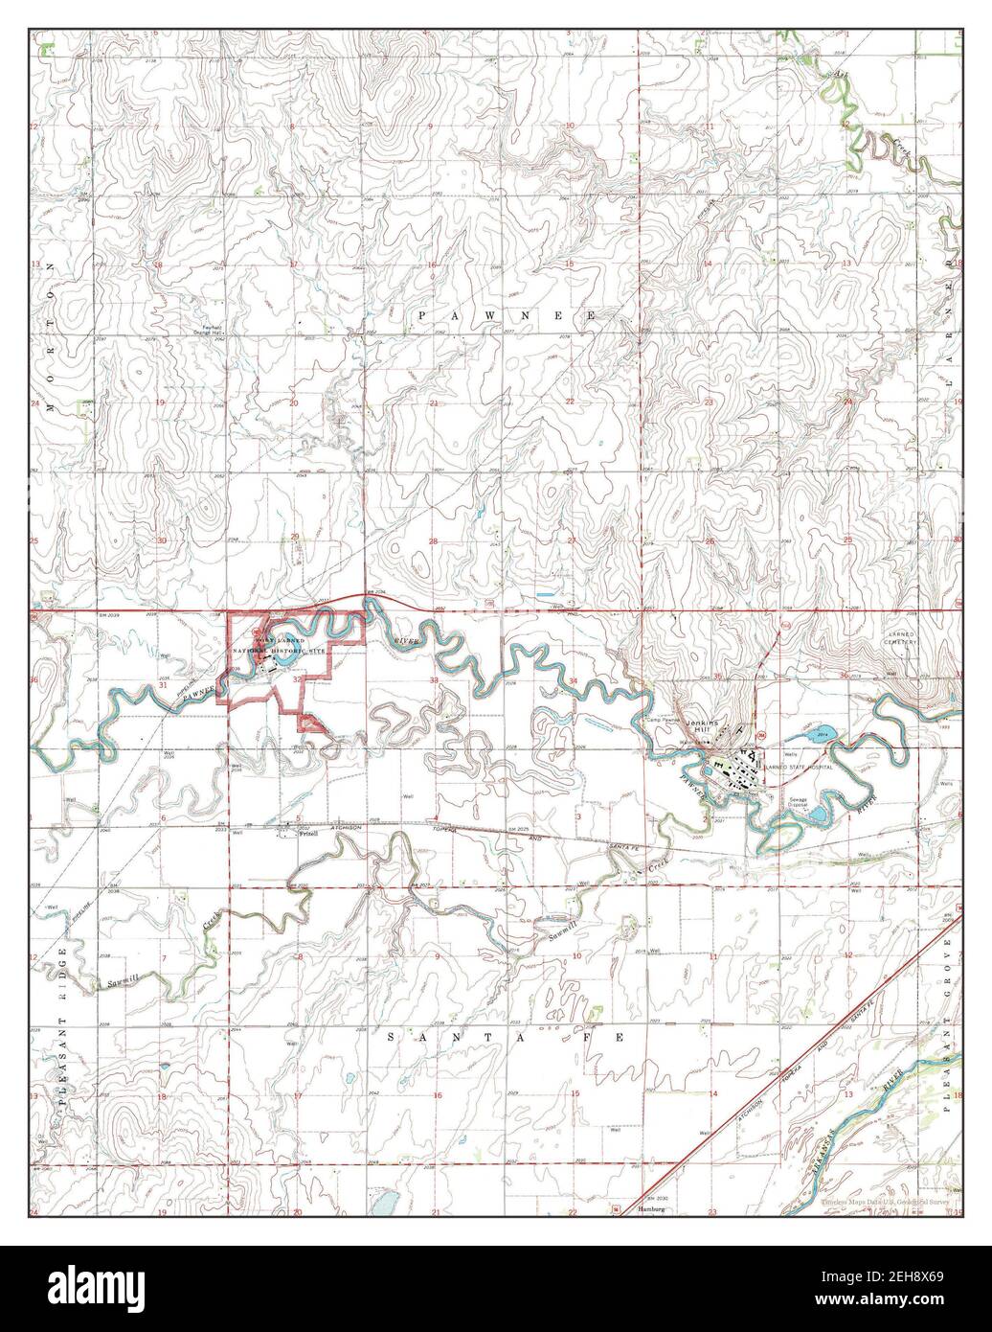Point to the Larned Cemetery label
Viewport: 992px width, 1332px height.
[x=899, y=639]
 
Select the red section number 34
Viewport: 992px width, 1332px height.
[x=573, y=680]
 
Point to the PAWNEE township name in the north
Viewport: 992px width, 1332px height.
[x=507, y=315]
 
